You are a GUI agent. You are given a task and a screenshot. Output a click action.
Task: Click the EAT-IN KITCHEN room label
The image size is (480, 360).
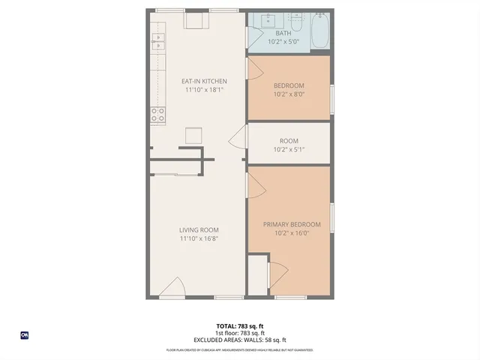[x=205, y=81]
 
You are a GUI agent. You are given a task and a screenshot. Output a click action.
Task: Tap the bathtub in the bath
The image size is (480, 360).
[x=319, y=31]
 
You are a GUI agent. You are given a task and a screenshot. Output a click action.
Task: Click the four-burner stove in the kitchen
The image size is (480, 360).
[x=158, y=115]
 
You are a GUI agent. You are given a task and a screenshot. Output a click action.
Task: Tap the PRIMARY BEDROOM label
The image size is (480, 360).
[x=291, y=224]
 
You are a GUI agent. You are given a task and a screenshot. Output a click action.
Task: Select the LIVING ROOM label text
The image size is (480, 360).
[x=199, y=230]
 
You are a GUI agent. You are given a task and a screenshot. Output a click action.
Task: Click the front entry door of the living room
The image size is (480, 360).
[x=175, y=288]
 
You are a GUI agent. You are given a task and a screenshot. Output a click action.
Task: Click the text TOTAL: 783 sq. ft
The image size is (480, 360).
[x=240, y=325]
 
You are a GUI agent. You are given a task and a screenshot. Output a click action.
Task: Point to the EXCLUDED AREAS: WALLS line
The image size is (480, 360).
[x=240, y=340]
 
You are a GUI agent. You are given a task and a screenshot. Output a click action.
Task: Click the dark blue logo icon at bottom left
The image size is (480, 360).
[x=25, y=335]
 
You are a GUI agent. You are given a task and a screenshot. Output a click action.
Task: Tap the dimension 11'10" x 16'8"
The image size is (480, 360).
[x=199, y=239]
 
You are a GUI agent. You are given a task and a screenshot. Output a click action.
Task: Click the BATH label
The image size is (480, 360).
[x=283, y=33]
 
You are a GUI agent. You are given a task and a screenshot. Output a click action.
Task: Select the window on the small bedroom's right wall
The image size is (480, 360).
[x=331, y=100]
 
